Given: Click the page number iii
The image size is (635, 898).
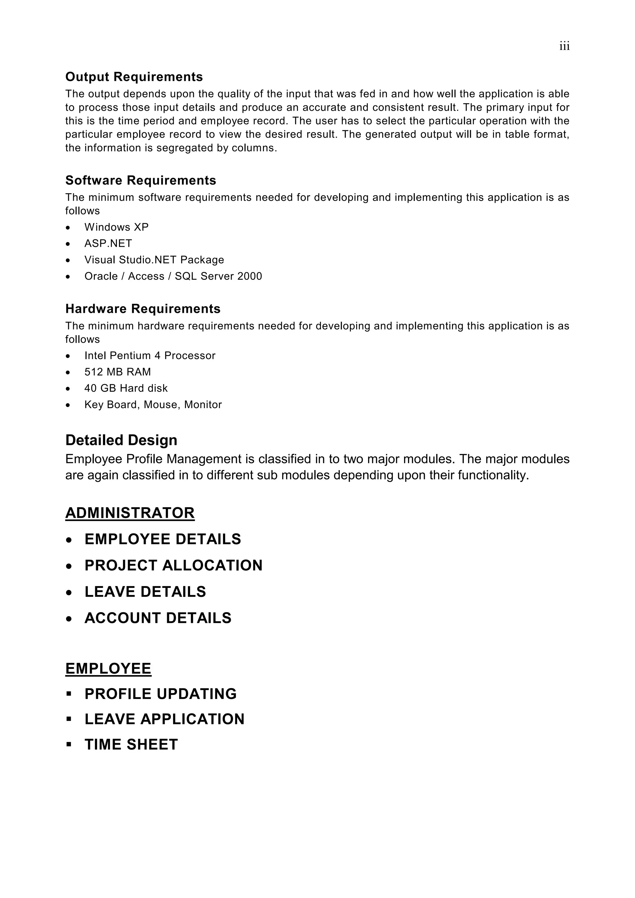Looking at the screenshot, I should click(564, 47).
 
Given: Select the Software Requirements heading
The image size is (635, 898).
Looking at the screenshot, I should click(141, 180).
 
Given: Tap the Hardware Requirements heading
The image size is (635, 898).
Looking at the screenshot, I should click(143, 309).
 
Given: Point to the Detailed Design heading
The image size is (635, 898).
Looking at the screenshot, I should click(121, 440).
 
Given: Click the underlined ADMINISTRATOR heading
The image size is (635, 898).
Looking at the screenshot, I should click(130, 513).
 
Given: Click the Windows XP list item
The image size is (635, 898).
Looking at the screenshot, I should click(117, 227).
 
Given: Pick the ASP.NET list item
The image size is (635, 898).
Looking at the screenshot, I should click(108, 243).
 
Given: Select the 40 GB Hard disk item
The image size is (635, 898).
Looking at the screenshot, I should click(126, 388).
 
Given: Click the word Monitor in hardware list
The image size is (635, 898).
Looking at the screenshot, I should click(203, 404).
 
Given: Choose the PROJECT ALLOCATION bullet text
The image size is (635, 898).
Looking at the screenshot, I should click(174, 565).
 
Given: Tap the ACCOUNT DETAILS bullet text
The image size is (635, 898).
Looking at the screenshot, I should click(158, 618).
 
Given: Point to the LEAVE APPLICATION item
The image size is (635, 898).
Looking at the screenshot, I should click(165, 719).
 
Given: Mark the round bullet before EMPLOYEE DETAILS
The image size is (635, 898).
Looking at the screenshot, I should click(69, 540).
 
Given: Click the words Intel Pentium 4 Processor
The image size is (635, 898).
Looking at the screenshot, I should click(150, 356).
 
